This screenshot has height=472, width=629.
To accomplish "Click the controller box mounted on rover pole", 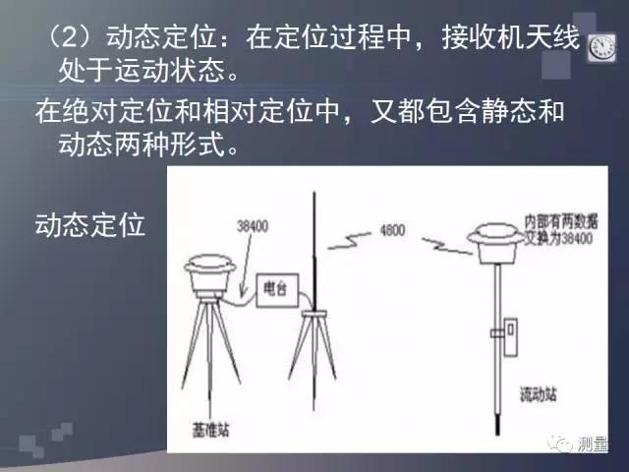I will [x=511, y=334].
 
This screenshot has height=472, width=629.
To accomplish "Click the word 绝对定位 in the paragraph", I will [x=116, y=110].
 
